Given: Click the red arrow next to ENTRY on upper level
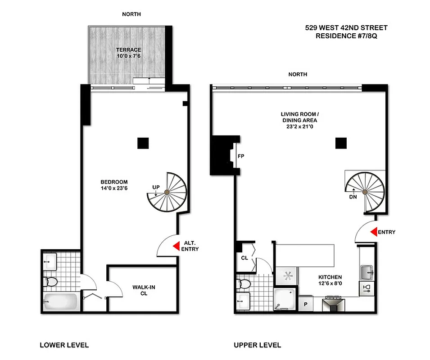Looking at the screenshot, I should click(x=373, y=232).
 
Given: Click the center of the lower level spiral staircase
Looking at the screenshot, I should click(x=167, y=193).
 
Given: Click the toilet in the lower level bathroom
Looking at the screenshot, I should click(x=51, y=282).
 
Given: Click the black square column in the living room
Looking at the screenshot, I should click(x=341, y=143).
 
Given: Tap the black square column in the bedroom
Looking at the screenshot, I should click(x=143, y=143).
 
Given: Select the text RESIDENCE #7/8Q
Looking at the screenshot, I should click(x=346, y=36).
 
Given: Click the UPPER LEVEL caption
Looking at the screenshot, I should click(x=257, y=345).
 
